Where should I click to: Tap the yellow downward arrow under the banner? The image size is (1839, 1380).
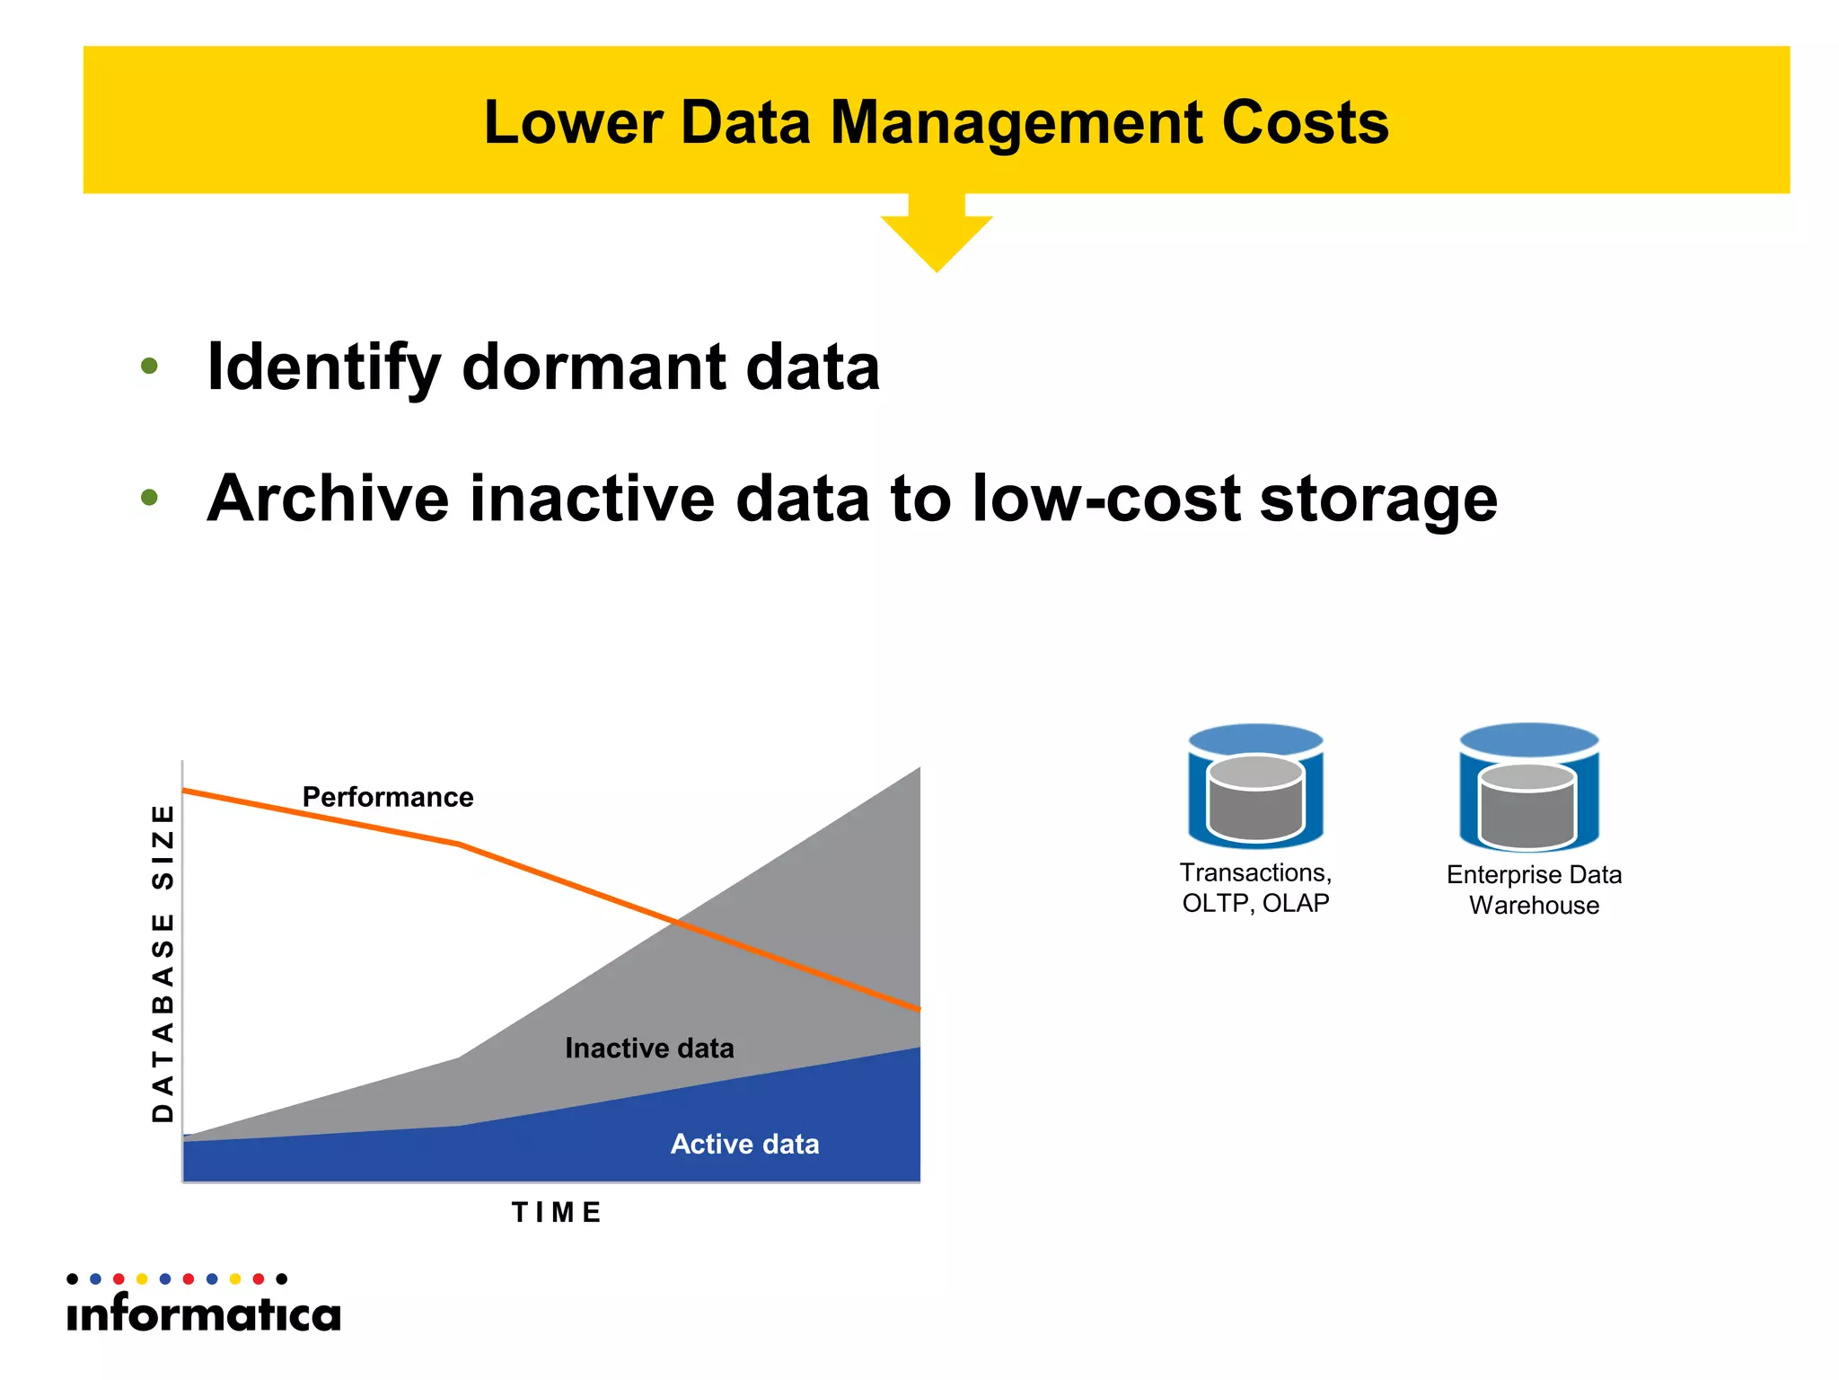(x=937, y=235)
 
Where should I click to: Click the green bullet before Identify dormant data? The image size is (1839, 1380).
(x=150, y=367)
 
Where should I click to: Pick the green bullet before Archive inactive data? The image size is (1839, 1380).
(x=150, y=498)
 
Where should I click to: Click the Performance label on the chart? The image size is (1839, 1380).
(x=387, y=797)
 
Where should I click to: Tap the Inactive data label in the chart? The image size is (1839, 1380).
(x=649, y=1048)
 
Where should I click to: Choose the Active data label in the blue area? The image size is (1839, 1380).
(x=744, y=1144)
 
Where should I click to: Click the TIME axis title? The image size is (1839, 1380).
(x=557, y=1213)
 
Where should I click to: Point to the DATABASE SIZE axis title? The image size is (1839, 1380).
(x=163, y=962)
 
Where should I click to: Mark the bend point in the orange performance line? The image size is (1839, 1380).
(x=459, y=844)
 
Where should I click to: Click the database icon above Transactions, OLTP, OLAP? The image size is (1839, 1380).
(x=1255, y=786)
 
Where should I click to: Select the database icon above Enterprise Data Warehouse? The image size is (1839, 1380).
(x=1529, y=788)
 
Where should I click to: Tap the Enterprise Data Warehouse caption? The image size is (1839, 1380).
(x=1534, y=889)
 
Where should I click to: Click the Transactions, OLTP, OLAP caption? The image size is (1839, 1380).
(x=1255, y=888)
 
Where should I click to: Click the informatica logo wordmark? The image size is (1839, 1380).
(x=204, y=1314)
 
